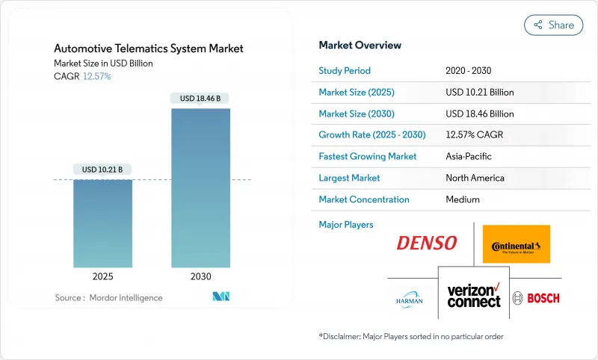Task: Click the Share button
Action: (x=553, y=25)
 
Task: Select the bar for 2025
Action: (x=102, y=223)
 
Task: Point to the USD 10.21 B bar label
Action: (x=102, y=170)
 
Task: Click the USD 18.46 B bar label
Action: (x=200, y=99)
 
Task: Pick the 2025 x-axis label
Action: (x=102, y=276)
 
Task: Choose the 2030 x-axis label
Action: (x=200, y=276)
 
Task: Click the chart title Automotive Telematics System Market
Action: (x=149, y=49)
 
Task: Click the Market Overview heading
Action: (x=360, y=46)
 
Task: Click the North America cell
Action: (x=475, y=178)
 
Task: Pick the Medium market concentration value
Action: (x=462, y=199)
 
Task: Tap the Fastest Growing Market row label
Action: (x=368, y=157)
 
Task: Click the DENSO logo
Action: (x=426, y=243)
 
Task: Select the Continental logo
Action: (x=516, y=244)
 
